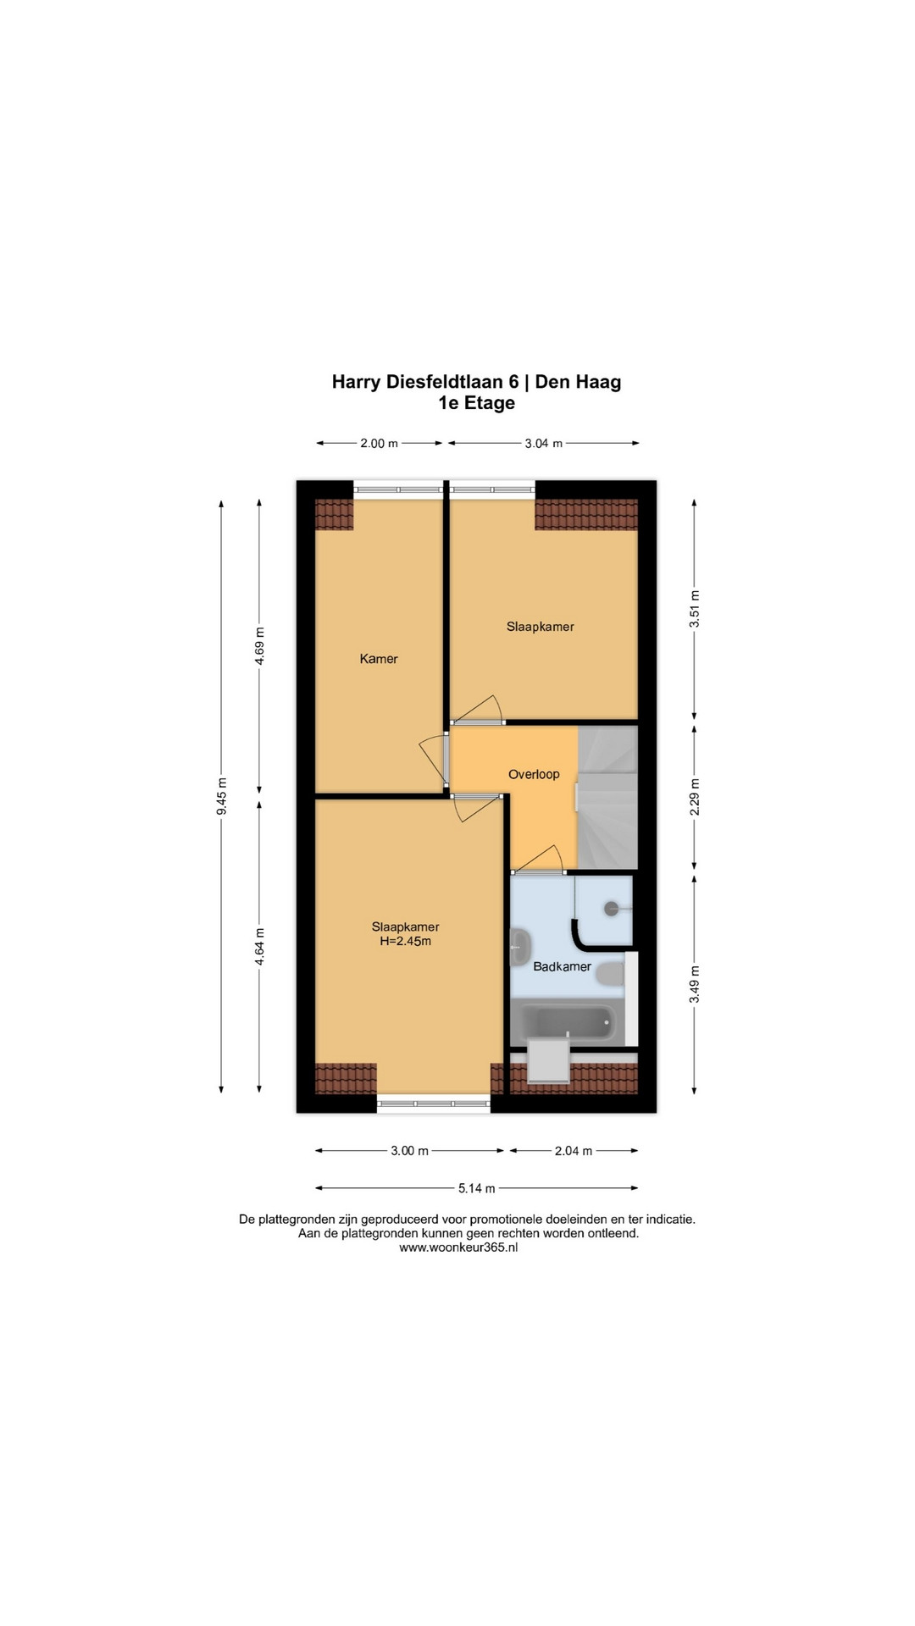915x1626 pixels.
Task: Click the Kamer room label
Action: point(379,659)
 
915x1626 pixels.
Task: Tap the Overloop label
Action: point(534,774)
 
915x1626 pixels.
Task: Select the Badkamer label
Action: point(562,966)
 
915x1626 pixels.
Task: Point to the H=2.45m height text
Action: point(405,941)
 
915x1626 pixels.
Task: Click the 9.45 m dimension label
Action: point(222,796)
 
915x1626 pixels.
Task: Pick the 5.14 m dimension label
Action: point(477,1188)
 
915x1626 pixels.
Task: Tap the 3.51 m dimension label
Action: point(695,608)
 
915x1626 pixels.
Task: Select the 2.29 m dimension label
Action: point(695,797)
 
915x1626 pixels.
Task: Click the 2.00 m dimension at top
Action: point(379,443)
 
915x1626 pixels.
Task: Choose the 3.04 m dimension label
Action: point(544,443)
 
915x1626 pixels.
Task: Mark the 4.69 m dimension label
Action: point(260,645)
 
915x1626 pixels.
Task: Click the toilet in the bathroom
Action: point(609,974)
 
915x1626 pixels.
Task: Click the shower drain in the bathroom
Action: point(612,909)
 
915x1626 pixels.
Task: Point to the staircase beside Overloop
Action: point(607,797)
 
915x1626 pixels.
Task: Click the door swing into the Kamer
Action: point(433,758)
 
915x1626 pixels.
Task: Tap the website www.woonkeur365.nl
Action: point(457,1247)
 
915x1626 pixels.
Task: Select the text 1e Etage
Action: point(476,403)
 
